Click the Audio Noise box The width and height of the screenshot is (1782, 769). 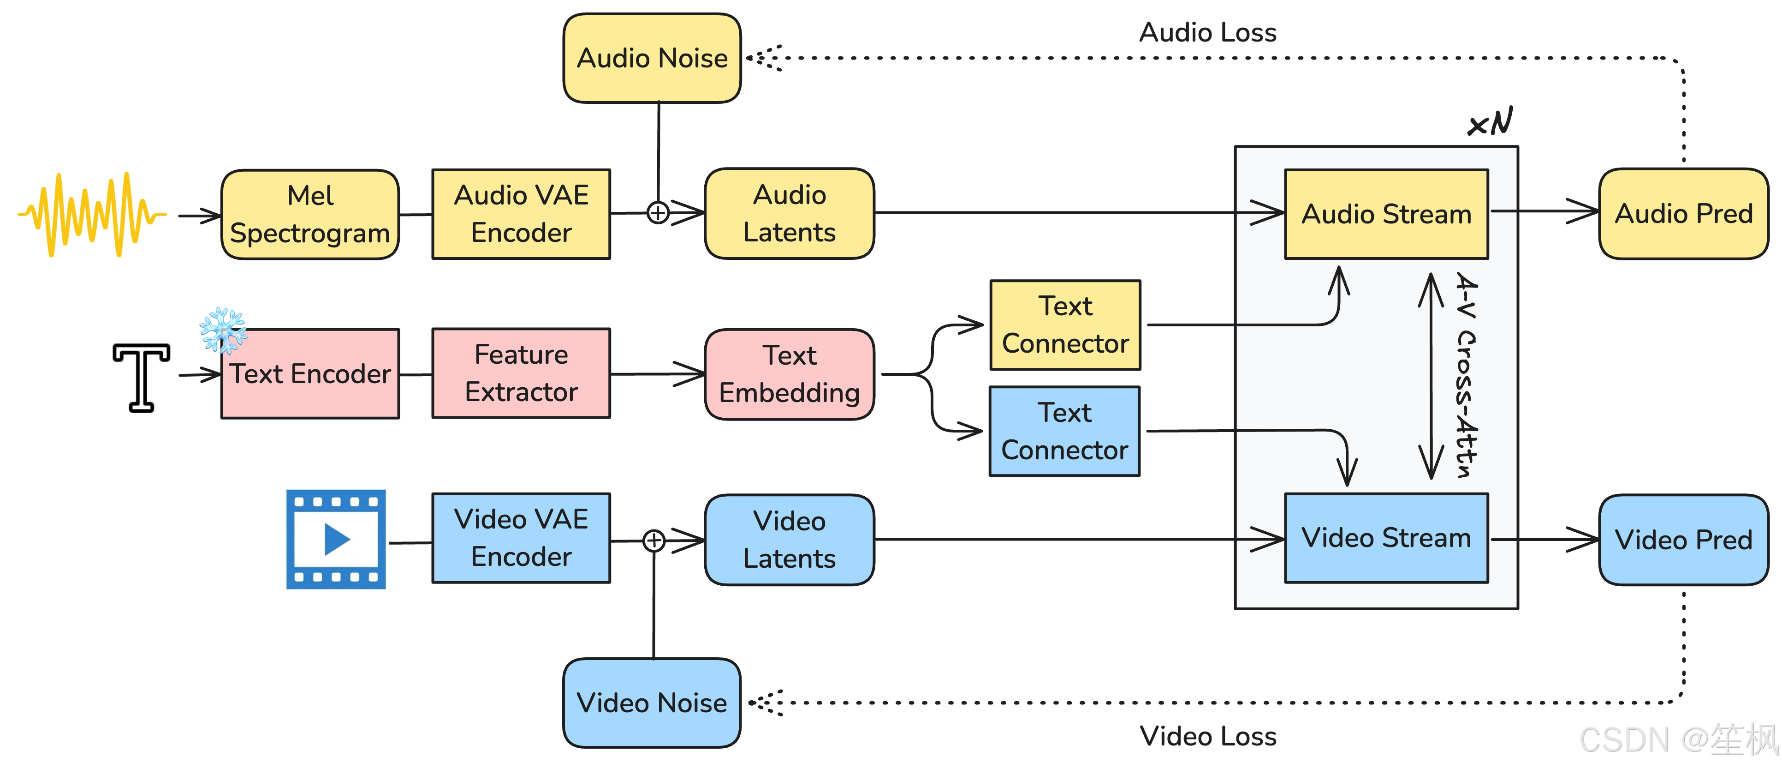[x=652, y=58]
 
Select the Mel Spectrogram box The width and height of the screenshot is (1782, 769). [x=310, y=215]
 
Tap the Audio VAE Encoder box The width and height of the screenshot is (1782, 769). [x=521, y=214]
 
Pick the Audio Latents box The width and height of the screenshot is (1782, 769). [x=790, y=214]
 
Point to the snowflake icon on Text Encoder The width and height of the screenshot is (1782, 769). [x=223, y=330]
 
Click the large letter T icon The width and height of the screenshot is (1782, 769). [x=141, y=377]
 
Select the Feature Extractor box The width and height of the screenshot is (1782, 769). [x=521, y=373]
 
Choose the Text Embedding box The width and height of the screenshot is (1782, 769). [x=790, y=374]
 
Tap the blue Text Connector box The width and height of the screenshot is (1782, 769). [x=1064, y=431]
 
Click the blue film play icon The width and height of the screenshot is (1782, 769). [x=336, y=539]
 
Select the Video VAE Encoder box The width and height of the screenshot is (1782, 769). [x=521, y=538]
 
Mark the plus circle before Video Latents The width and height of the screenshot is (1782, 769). [x=654, y=541]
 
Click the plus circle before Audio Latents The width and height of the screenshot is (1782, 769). [x=658, y=212]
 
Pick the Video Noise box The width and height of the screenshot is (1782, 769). [x=652, y=703]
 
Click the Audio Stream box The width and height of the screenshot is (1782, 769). [x=1386, y=214]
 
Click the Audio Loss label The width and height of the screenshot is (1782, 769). [x=1208, y=32]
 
